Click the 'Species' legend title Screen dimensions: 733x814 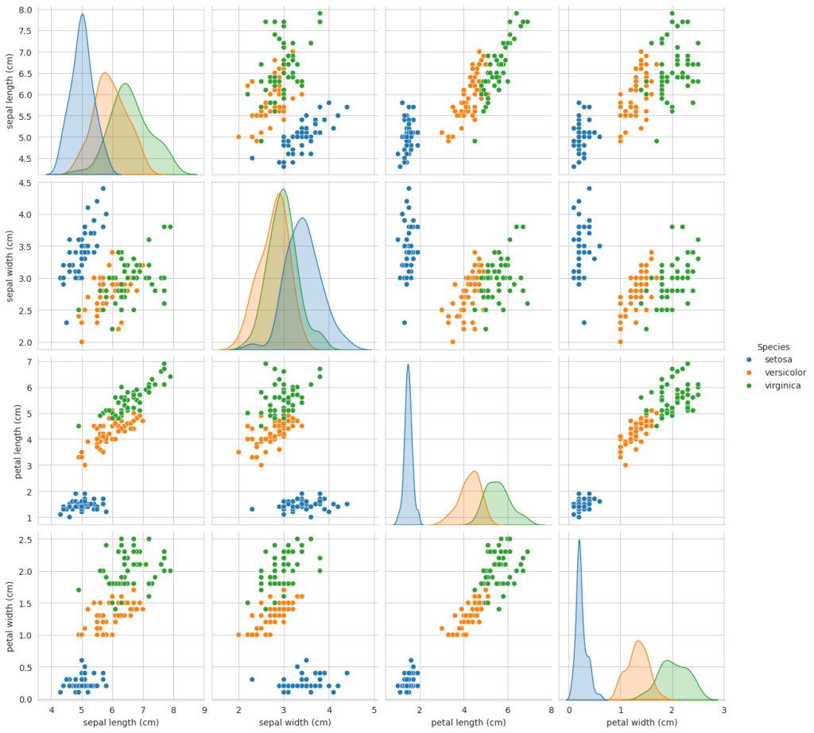pyautogui.click(x=773, y=347)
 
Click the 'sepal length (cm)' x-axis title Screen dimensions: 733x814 pyautogui.click(x=114, y=722)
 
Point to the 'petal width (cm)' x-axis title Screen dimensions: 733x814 pyautogui.click(x=642, y=722)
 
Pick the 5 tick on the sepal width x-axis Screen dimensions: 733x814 pyautogui.click(x=374, y=710)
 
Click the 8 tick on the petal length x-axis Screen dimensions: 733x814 pyautogui.click(x=551, y=710)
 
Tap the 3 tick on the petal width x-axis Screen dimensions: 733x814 pyautogui.click(x=723, y=710)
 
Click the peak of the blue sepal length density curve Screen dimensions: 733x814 pyautogui.click(x=82, y=14)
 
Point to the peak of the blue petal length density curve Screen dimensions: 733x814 pyautogui.click(x=408, y=365)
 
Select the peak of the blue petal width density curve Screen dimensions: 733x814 pyautogui.click(x=579, y=540)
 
